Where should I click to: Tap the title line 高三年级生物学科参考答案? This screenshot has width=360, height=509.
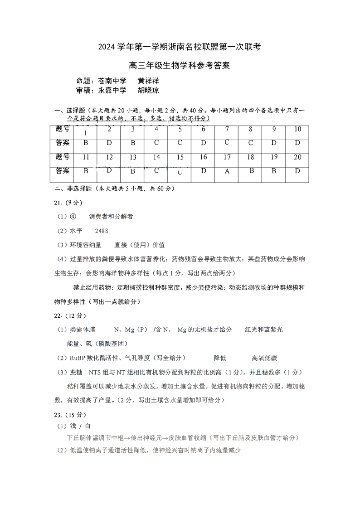(x=180, y=66)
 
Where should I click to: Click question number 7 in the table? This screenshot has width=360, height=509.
(x=227, y=129)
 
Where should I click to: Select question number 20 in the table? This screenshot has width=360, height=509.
(x=297, y=157)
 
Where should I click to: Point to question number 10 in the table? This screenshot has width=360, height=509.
(x=297, y=129)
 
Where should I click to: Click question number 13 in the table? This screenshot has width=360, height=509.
(x=133, y=157)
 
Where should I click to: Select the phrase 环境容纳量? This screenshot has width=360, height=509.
(x=86, y=245)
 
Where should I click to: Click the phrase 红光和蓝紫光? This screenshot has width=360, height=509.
(x=264, y=330)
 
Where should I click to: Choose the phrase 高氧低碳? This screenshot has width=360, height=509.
(x=264, y=358)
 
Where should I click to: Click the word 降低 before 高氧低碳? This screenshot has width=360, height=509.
(x=220, y=358)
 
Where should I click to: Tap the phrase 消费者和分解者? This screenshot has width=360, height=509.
(x=111, y=217)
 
